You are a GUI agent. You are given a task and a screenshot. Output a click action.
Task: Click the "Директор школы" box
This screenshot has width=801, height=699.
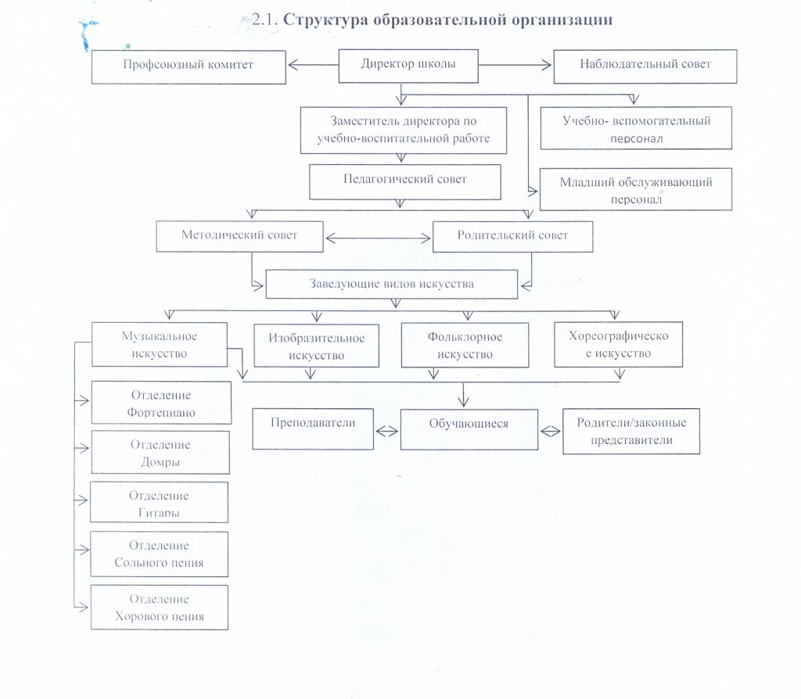pos(408,66)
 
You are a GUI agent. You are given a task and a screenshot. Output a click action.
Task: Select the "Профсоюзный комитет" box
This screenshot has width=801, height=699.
pos(188,66)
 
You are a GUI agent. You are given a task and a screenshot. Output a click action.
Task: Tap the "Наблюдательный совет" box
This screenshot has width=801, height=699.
pos(645,66)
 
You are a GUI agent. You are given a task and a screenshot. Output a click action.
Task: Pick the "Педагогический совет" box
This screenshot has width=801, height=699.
pos(404,181)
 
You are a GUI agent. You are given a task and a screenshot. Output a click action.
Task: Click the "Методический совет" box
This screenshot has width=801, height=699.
pos(239,237)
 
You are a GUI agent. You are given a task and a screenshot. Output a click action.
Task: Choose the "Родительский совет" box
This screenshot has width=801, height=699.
pos(512,237)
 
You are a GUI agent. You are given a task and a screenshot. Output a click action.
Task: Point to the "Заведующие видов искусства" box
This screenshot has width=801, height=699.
pos(391,285)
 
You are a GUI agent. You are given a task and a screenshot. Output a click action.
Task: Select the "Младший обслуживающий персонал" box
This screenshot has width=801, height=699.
pos(635,189)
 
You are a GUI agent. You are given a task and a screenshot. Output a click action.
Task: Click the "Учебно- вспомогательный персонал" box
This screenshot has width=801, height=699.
pos(635,128)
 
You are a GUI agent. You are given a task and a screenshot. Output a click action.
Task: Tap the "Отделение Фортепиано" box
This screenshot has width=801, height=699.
pos(161,403)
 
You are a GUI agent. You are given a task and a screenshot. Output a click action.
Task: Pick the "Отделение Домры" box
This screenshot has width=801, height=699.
pos(160,452)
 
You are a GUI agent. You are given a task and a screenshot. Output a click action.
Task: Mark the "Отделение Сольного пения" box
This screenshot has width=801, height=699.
pos(160,553)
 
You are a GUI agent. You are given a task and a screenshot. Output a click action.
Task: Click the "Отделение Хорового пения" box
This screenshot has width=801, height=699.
pos(160,607)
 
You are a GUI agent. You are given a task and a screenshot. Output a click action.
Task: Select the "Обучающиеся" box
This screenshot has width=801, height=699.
pos(469,429)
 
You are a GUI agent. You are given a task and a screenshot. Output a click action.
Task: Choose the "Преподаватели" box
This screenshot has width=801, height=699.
pos(313,428)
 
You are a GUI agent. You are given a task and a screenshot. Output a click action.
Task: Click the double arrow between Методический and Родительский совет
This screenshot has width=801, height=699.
pos(378,237)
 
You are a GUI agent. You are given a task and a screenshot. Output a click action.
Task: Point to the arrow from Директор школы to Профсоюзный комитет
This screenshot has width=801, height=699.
pos(312,66)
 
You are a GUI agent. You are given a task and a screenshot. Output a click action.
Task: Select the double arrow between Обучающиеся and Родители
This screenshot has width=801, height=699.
pos(551,429)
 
